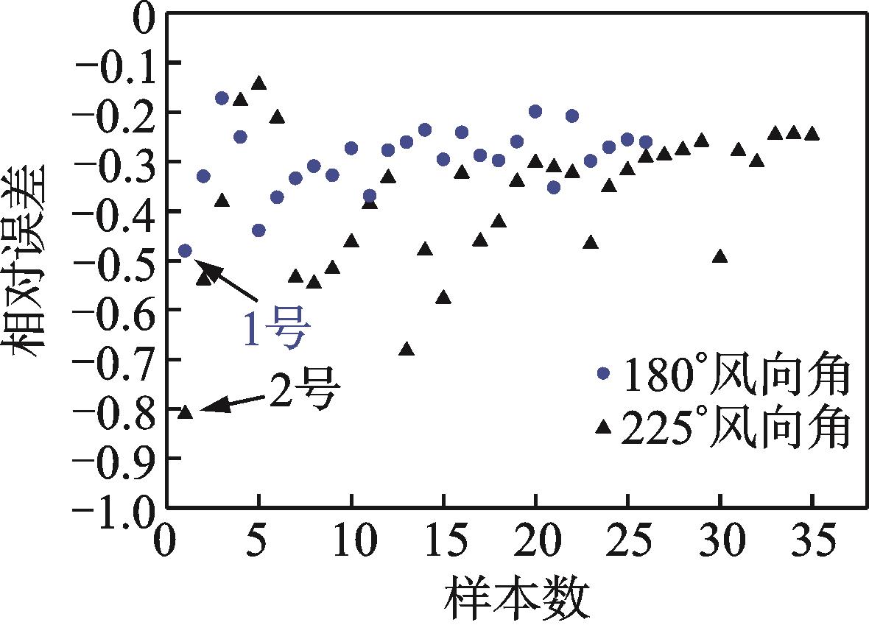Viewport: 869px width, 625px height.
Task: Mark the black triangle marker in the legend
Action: (x=604, y=426)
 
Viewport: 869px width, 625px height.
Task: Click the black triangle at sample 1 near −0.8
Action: (x=186, y=412)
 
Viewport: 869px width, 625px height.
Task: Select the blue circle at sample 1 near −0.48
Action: (x=185, y=251)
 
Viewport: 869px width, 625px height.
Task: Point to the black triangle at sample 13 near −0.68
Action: (x=407, y=349)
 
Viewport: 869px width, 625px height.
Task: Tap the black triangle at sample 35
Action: (x=812, y=134)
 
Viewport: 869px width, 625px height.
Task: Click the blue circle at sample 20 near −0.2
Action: (x=535, y=111)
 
